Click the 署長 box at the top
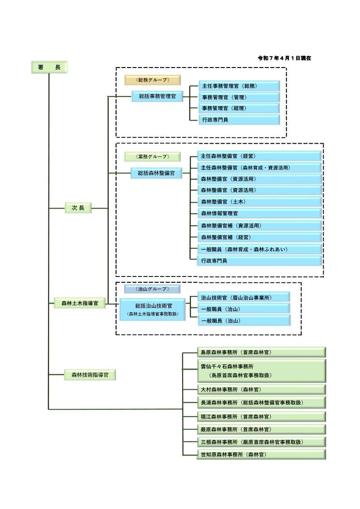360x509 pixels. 49,67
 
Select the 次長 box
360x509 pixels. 78,208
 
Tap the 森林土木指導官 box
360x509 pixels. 79,303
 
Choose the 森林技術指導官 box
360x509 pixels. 89,375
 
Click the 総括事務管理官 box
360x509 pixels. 157,96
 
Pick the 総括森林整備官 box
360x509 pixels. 156,173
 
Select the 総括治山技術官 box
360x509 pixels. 153,309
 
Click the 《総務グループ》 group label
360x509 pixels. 152,80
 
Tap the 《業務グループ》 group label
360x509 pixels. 152,157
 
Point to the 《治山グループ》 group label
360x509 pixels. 152,289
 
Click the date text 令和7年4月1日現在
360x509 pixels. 284,58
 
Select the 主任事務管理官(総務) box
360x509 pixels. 239,86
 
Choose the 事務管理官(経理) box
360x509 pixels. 239,108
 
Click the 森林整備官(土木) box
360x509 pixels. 259,201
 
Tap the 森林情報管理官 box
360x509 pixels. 259,213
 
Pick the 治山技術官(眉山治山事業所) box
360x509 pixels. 243,297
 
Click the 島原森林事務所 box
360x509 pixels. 261,352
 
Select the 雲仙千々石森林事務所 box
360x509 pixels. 261,371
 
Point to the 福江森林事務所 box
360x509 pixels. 261,416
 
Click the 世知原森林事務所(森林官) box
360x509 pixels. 261,454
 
